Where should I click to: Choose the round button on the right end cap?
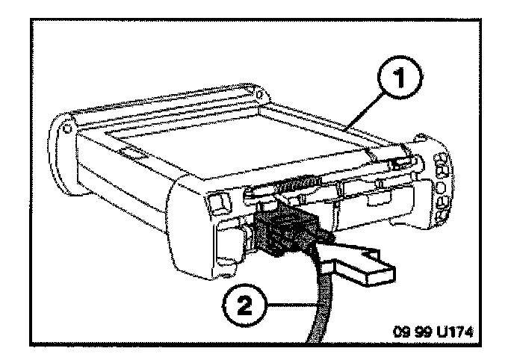coord(441,191)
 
